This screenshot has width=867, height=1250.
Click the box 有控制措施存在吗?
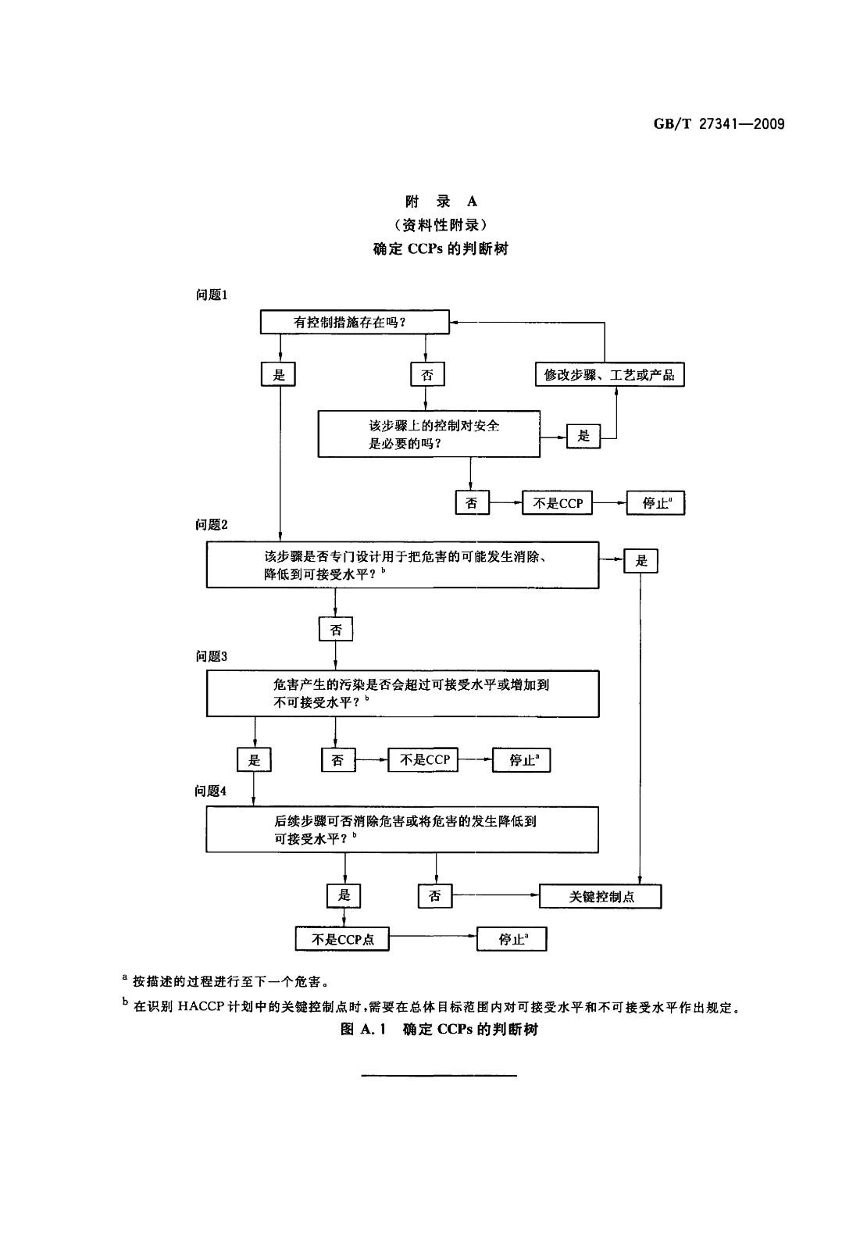[355, 322]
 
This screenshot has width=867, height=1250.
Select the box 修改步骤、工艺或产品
[610, 374]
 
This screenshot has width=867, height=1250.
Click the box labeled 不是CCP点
[342, 939]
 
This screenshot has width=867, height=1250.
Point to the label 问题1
[212, 295]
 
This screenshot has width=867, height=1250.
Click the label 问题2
[212, 524]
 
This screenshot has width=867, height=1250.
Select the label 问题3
[212, 656]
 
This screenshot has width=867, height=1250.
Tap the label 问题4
[210, 791]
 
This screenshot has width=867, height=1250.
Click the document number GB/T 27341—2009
[719, 124]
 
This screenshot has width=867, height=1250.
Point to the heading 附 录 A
[441, 202]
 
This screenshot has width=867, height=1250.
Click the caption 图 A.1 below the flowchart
[363, 1029]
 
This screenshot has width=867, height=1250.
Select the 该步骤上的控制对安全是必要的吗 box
[429, 434]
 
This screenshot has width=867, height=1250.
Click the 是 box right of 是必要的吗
[583, 436]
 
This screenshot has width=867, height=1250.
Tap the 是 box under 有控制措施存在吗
[278, 374]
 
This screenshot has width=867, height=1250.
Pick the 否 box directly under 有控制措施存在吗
[427, 374]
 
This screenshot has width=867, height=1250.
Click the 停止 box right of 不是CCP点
[512, 939]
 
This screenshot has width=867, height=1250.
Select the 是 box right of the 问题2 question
[640, 561]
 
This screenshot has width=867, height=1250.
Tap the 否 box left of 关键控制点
[435, 896]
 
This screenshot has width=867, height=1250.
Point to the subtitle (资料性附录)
[441, 225]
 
